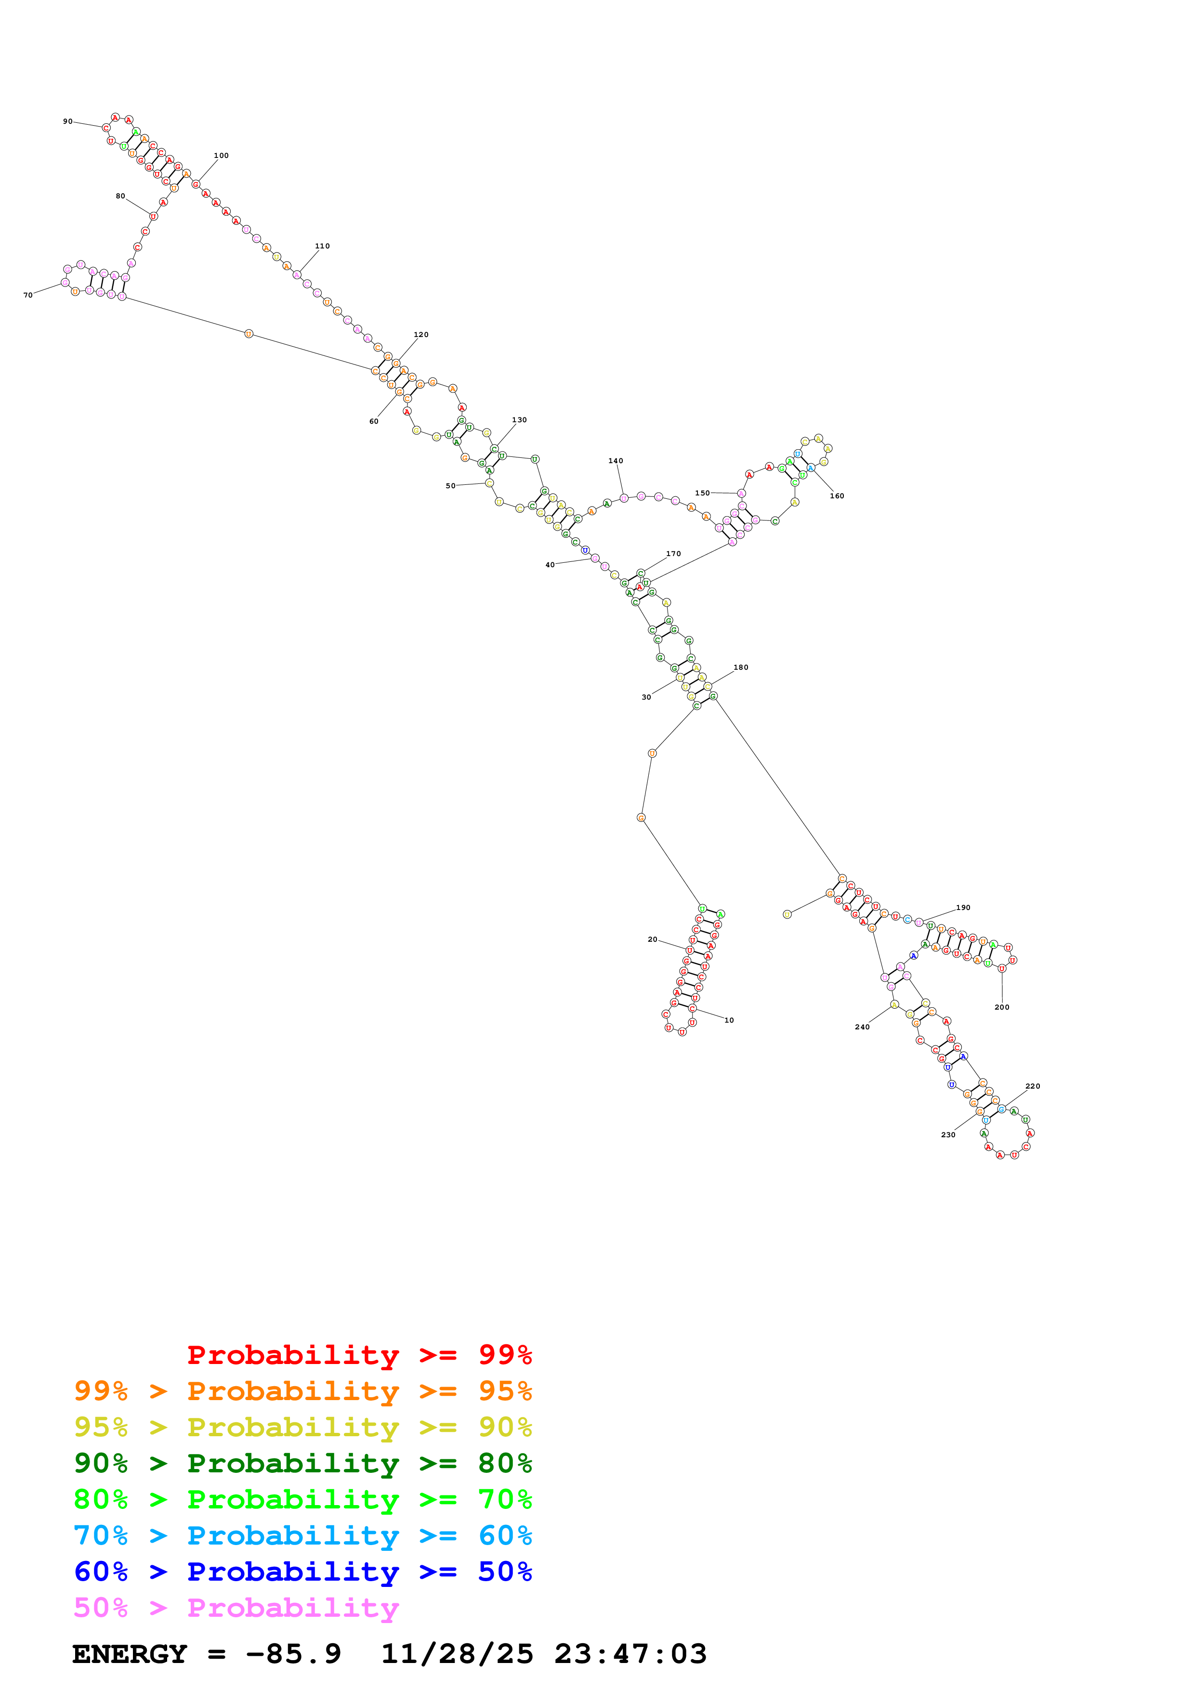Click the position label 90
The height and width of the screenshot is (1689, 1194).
tap(68, 121)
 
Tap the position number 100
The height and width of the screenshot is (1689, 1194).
tap(221, 156)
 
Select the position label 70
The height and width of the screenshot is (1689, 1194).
tap(28, 295)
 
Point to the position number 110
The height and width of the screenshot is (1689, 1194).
tap(322, 247)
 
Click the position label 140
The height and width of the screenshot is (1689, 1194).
tap(615, 461)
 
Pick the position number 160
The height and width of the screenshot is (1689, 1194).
tap(837, 496)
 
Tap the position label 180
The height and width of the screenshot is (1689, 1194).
tap(740, 668)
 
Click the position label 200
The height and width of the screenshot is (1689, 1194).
tap(1001, 1007)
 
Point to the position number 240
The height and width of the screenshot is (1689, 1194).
tap(862, 1027)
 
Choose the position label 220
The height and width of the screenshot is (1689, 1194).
tap(1032, 1086)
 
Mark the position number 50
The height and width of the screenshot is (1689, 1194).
tap(450, 486)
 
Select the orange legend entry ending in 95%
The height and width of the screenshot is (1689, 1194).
tap(302, 1391)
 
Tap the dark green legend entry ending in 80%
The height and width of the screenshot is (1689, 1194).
tap(302, 1463)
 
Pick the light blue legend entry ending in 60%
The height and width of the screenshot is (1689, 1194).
tap(302, 1535)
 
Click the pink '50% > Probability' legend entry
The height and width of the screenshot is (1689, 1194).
tap(236, 1607)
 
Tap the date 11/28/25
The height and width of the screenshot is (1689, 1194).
tap(457, 1654)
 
